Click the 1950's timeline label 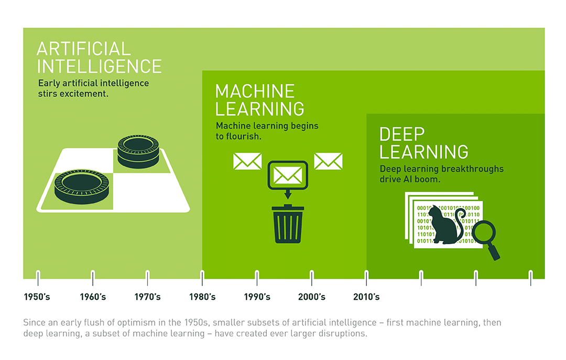pyautogui.click(x=37, y=297)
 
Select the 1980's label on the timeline pyautogui.click(x=202, y=297)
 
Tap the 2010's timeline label pyautogui.click(x=366, y=297)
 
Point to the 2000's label pyautogui.click(x=312, y=297)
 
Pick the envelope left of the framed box pyautogui.click(x=247, y=161)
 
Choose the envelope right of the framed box pyautogui.click(x=328, y=161)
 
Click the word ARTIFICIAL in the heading pyautogui.click(x=83, y=49)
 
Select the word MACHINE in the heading pyautogui.click(x=255, y=91)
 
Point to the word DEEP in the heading pyautogui.click(x=402, y=134)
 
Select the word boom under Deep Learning pyautogui.click(x=428, y=179)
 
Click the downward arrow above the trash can pyautogui.click(x=288, y=194)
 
